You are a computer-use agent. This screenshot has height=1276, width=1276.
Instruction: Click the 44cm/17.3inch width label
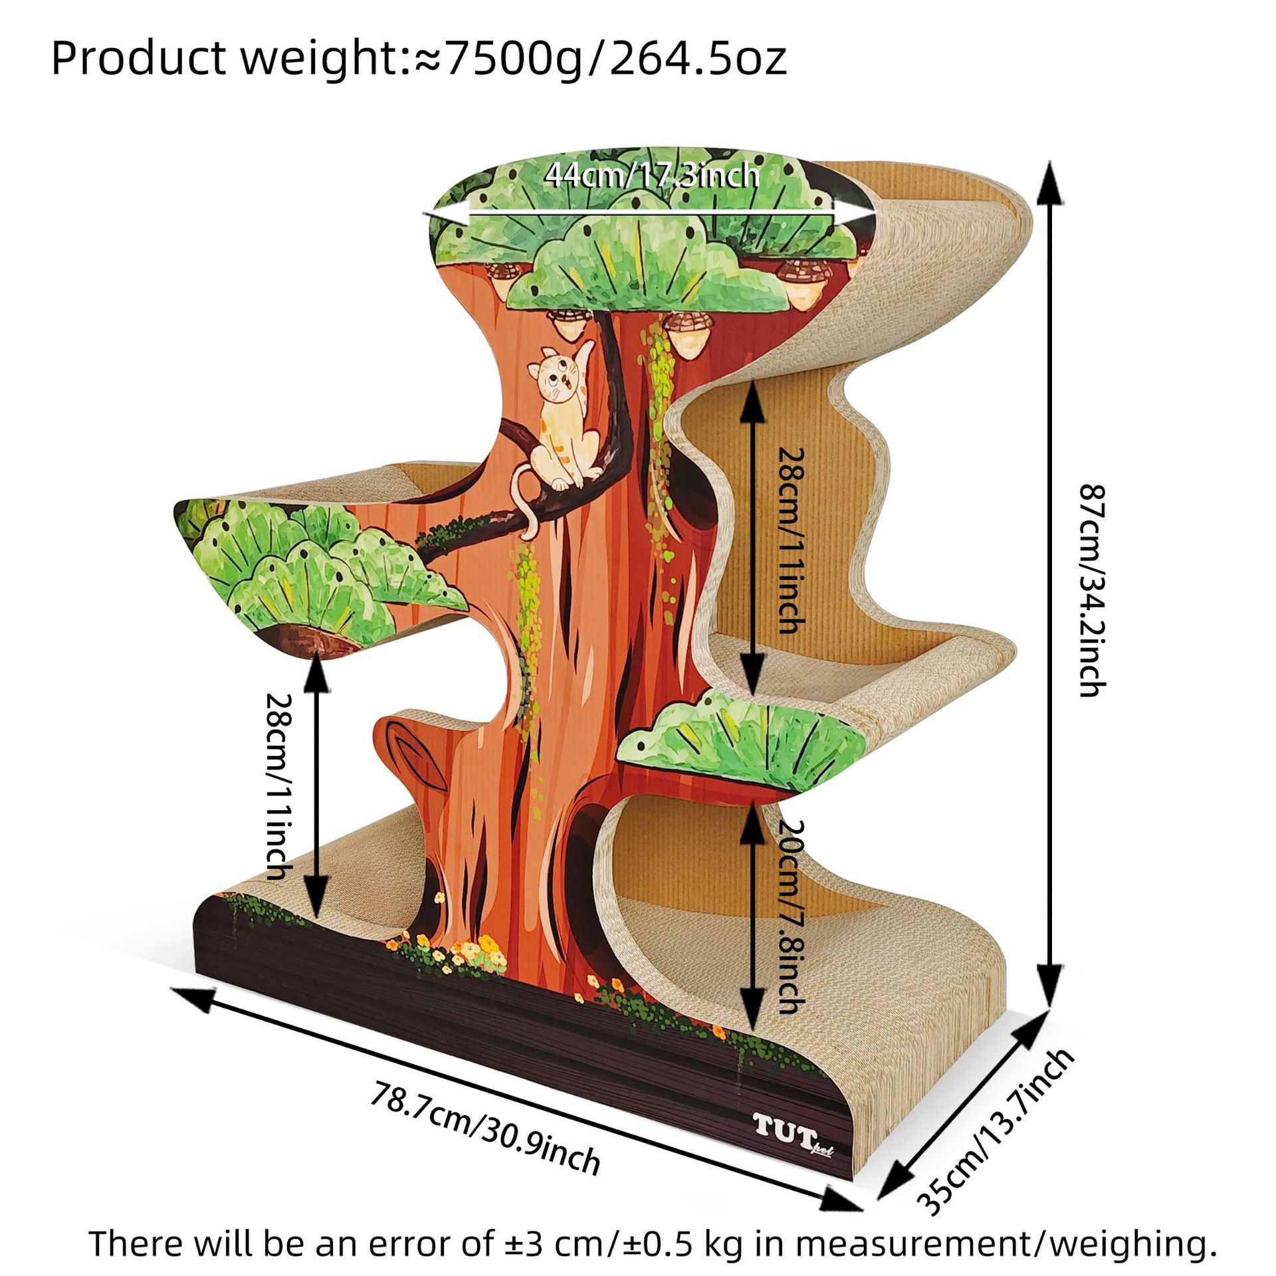coord(651,176)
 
